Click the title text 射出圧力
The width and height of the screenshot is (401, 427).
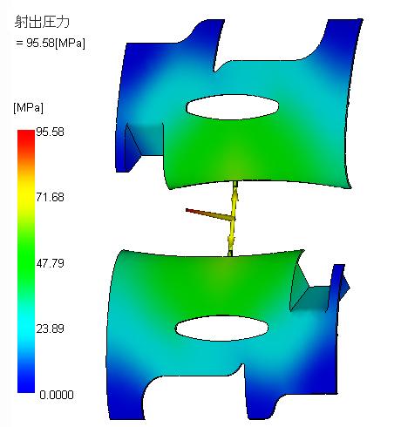click(x=42, y=22)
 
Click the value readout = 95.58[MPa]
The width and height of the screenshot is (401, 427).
click(x=51, y=43)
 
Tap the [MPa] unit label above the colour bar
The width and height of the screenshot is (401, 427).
click(x=28, y=108)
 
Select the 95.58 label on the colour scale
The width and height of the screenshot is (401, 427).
click(x=50, y=132)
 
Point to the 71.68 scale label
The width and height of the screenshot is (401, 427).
click(x=50, y=197)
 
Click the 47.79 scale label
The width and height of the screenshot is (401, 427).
click(x=50, y=263)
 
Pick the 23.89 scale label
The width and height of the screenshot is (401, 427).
click(x=50, y=329)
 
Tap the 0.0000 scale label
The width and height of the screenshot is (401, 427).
click(x=57, y=395)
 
